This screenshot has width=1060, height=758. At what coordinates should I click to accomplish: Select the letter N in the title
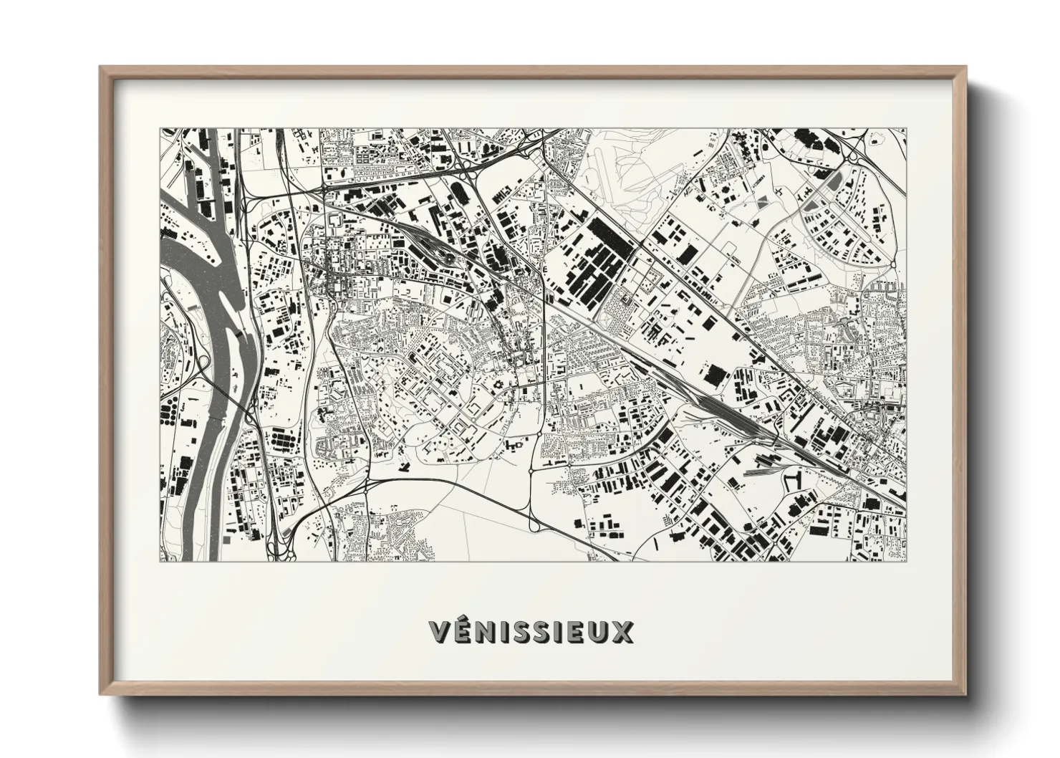click(x=488, y=631)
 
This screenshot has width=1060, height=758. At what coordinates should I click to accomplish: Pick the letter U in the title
click(x=596, y=631)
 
